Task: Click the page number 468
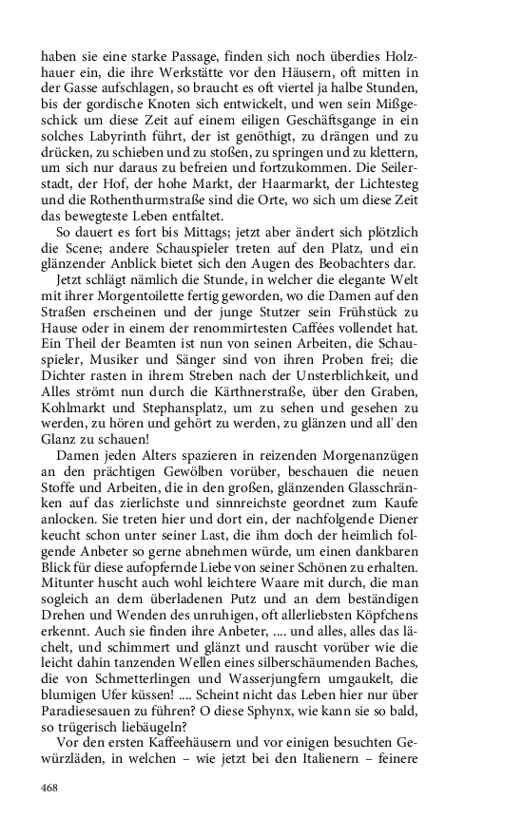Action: click(50, 788)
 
